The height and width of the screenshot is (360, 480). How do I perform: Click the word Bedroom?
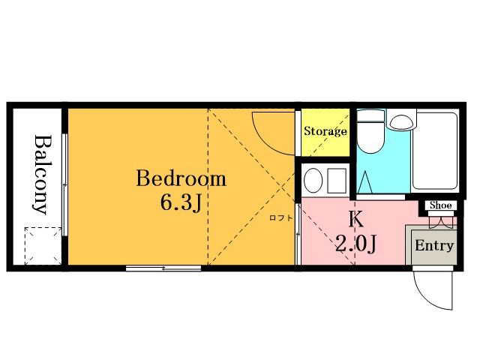(x=181, y=178)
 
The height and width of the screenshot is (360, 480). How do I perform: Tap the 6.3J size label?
(x=181, y=202)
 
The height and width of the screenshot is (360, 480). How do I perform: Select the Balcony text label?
(x=42, y=175)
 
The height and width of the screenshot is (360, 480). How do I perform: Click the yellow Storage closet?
(x=325, y=132)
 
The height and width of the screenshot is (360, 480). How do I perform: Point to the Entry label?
(x=434, y=245)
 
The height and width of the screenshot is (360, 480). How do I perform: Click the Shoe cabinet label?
(x=440, y=205)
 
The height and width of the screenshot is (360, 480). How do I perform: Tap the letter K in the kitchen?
(x=356, y=219)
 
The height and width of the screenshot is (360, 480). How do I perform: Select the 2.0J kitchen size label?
(x=355, y=243)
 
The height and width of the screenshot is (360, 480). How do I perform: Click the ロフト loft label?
(x=281, y=218)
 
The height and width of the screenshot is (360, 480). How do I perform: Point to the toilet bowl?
(x=370, y=132)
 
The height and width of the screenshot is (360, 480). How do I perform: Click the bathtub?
(x=435, y=151)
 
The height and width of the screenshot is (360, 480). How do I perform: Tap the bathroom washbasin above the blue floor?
(x=401, y=120)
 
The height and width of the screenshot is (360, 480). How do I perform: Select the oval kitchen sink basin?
(x=313, y=180)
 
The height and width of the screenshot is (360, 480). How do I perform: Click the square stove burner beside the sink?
(x=337, y=180)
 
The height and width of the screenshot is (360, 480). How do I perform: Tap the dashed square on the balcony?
(x=43, y=246)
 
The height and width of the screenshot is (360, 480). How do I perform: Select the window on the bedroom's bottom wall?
(x=163, y=268)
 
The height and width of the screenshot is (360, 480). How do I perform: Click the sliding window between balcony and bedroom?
(x=64, y=184)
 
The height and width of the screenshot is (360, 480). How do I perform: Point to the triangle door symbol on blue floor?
(x=365, y=182)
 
